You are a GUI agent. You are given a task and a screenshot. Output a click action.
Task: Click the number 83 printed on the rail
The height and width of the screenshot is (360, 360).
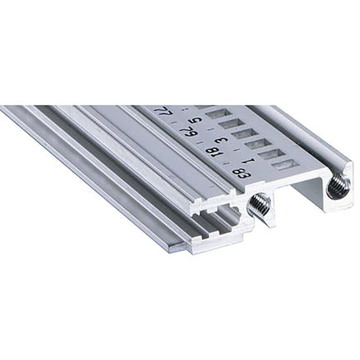[242, 173]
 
